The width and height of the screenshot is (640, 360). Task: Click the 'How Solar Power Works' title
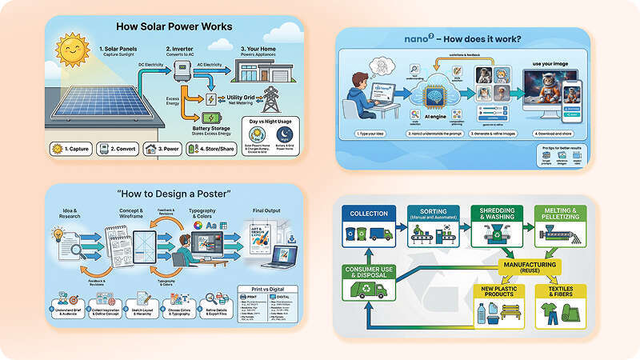pos(175,26)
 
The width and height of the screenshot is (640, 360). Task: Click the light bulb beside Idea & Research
pos(57,234)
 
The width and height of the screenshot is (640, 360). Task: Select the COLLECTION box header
pos(369,214)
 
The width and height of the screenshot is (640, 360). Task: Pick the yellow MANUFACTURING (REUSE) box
pos(529,265)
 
